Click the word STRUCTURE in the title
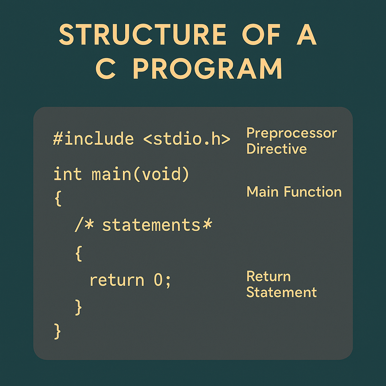tap(142, 34)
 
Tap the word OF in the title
tap(261, 34)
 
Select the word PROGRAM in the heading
tap(207, 68)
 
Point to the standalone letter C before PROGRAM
tap(106, 68)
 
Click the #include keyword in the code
tap(93, 139)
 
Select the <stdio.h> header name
tap(187, 139)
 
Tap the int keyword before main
tap(67, 174)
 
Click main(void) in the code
tap(140, 174)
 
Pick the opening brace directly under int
tap(58, 198)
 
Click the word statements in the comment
tap(151, 225)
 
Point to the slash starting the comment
tap(78, 225)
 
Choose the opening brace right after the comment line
tap(78, 253)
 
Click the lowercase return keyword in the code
tap(117, 280)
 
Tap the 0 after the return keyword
tap(158, 280)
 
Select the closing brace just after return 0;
tap(78, 307)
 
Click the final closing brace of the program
tap(57, 331)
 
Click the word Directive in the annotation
tap(276, 149)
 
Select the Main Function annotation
tap(294, 191)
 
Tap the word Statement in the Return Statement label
tap(281, 292)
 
